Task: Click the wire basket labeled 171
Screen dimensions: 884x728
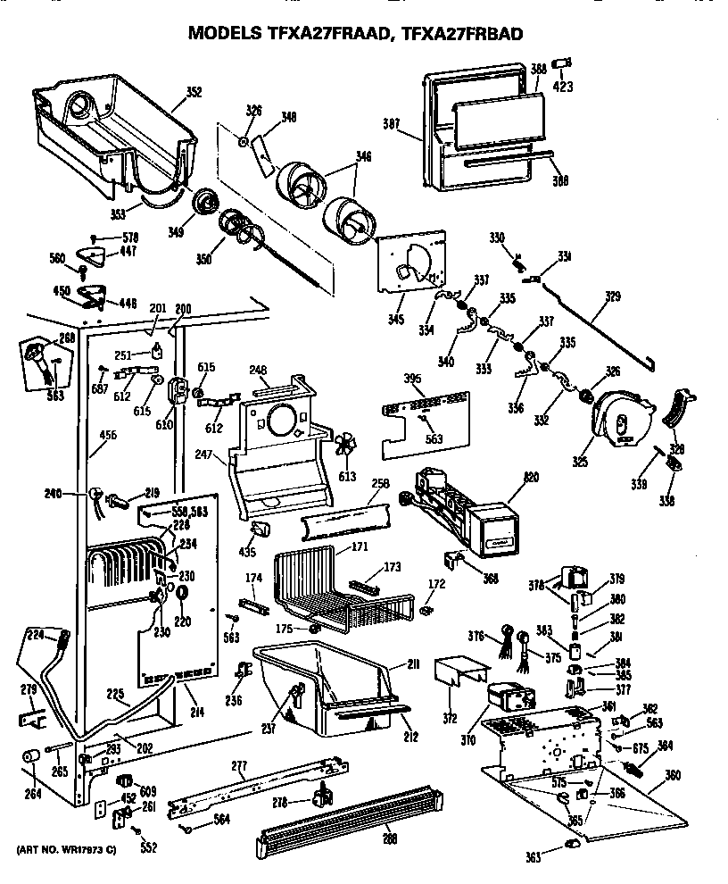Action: tap(339, 589)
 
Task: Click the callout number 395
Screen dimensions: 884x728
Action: tap(413, 380)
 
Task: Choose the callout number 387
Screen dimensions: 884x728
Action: tap(391, 125)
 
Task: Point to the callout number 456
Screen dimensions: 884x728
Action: tap(107, 435)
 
